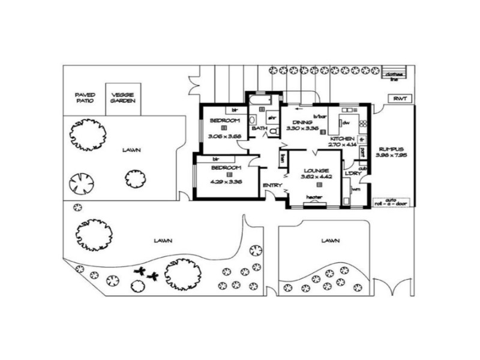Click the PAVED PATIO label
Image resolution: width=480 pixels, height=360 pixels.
84,97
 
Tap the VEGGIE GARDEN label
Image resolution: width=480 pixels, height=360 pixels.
122,97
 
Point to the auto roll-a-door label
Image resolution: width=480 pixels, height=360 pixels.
391,202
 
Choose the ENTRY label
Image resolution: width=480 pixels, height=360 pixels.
272,185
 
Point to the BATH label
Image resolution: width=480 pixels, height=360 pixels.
259,128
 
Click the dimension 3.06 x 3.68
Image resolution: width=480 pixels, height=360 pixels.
224,136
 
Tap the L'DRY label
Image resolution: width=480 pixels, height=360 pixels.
352,174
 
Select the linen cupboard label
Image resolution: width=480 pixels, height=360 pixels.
282,158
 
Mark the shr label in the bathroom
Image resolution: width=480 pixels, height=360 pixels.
271,118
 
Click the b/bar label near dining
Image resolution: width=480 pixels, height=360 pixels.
319,116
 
